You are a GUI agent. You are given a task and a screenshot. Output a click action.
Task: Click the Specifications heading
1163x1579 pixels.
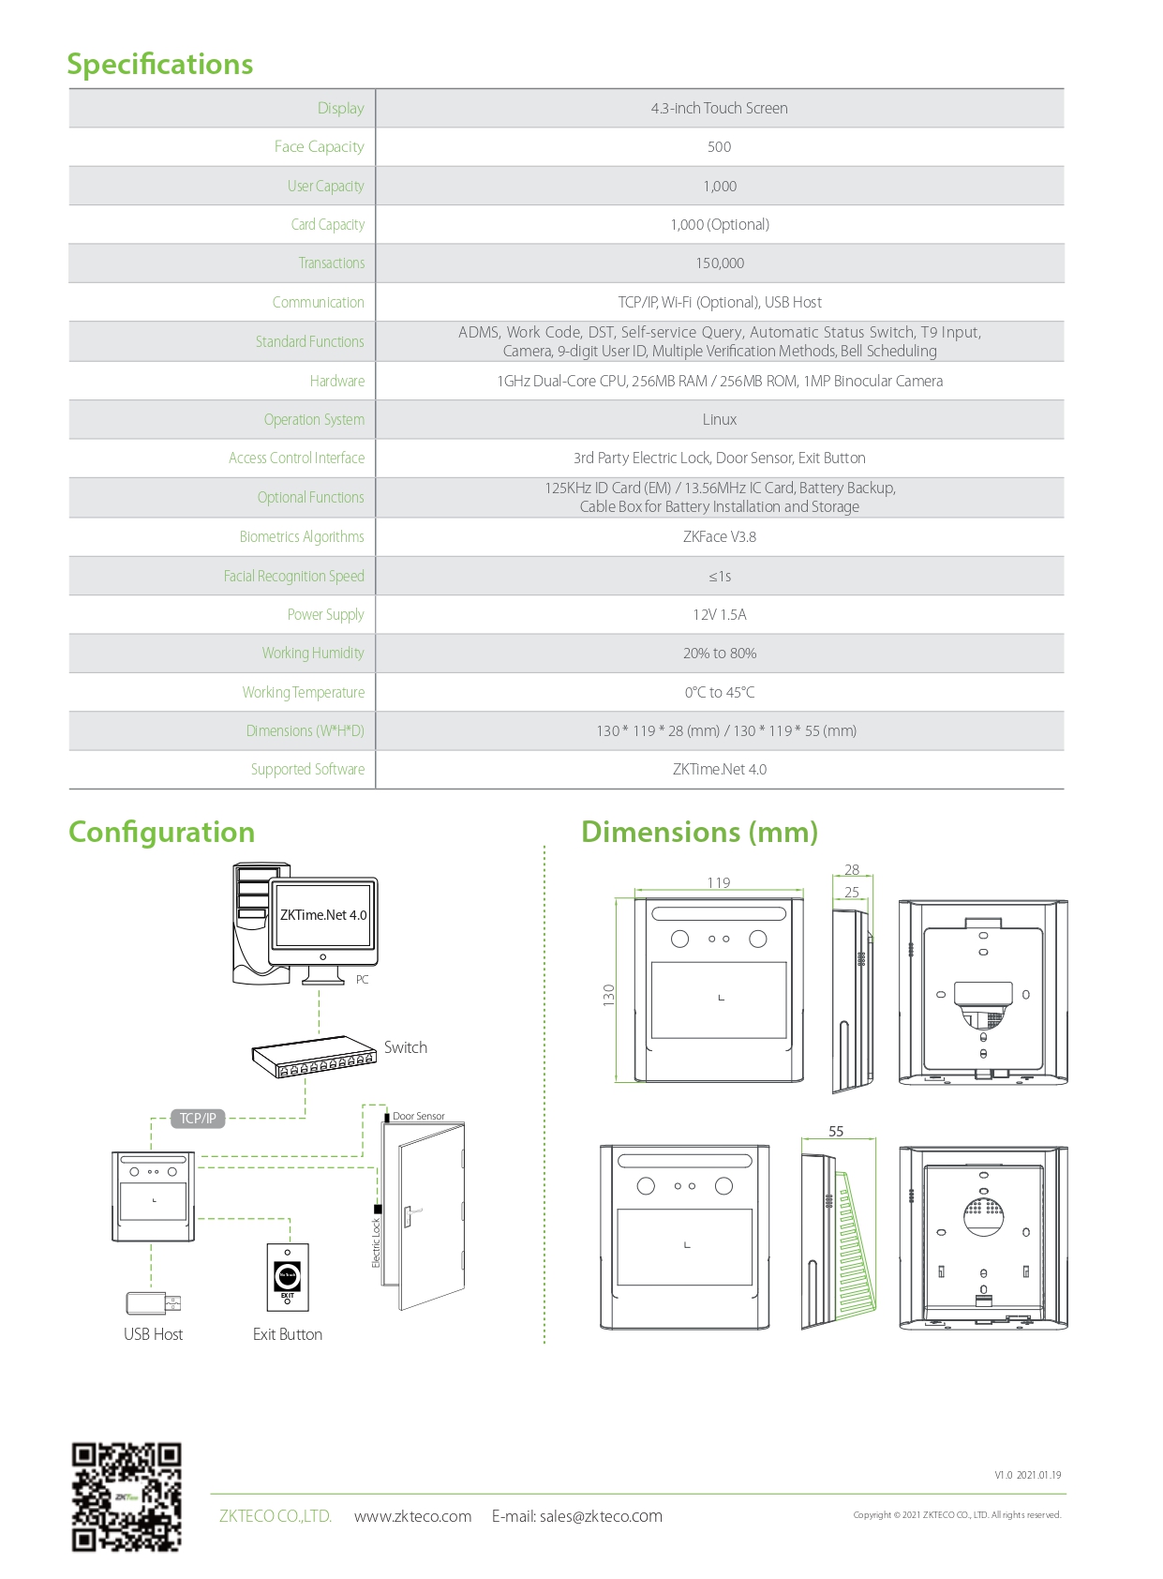159,64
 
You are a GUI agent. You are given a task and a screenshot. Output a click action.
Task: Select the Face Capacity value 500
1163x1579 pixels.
719,147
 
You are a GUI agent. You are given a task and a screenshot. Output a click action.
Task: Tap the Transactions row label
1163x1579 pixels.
332,263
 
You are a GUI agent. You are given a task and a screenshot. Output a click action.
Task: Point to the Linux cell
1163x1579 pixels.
719,420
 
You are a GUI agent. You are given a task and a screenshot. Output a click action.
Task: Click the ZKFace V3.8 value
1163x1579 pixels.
719,537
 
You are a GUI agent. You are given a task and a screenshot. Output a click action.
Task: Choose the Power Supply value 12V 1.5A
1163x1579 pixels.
719,615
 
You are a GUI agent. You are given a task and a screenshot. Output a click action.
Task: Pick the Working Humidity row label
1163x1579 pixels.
313,654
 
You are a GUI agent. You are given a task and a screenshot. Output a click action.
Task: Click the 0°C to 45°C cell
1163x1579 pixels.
719,693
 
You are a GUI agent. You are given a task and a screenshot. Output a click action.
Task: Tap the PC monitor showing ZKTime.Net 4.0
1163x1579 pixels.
323,922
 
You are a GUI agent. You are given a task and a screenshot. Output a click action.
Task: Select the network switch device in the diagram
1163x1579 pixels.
313,1057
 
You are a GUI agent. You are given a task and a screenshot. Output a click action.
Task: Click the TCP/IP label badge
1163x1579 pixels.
198,1119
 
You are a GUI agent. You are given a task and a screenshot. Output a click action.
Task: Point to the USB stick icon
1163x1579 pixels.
153,1302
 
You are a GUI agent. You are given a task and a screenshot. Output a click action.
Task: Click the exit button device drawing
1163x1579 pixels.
288,1277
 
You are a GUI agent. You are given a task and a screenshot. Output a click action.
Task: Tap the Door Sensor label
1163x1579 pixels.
418,1116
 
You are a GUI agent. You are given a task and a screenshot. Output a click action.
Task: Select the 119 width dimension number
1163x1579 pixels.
719,882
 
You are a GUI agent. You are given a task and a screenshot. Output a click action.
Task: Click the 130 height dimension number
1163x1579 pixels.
609,996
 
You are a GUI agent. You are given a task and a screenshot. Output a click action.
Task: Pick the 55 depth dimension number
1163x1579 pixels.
836,1132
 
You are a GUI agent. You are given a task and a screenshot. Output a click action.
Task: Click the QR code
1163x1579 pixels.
127,1497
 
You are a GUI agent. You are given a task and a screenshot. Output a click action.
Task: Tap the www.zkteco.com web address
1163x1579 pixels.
412,1516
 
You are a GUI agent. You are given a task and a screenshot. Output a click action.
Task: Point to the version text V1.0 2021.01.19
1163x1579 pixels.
1027,1475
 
